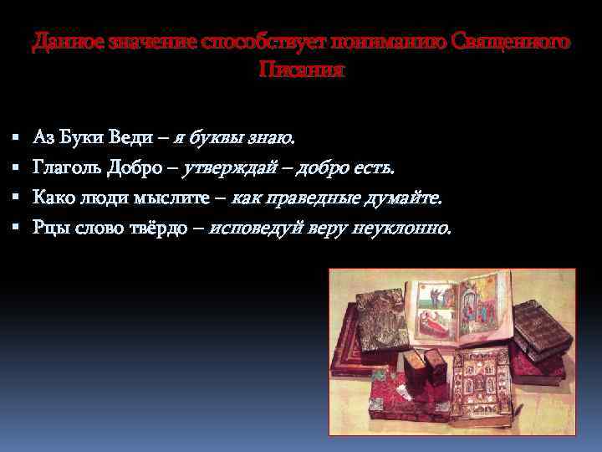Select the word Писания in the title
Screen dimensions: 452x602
click(x=301, y=69)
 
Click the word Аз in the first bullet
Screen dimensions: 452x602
click(x=43, y=136)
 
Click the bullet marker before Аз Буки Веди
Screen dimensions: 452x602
click(x=15, y=136)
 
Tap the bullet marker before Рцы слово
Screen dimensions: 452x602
click(x=15, y=227)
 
